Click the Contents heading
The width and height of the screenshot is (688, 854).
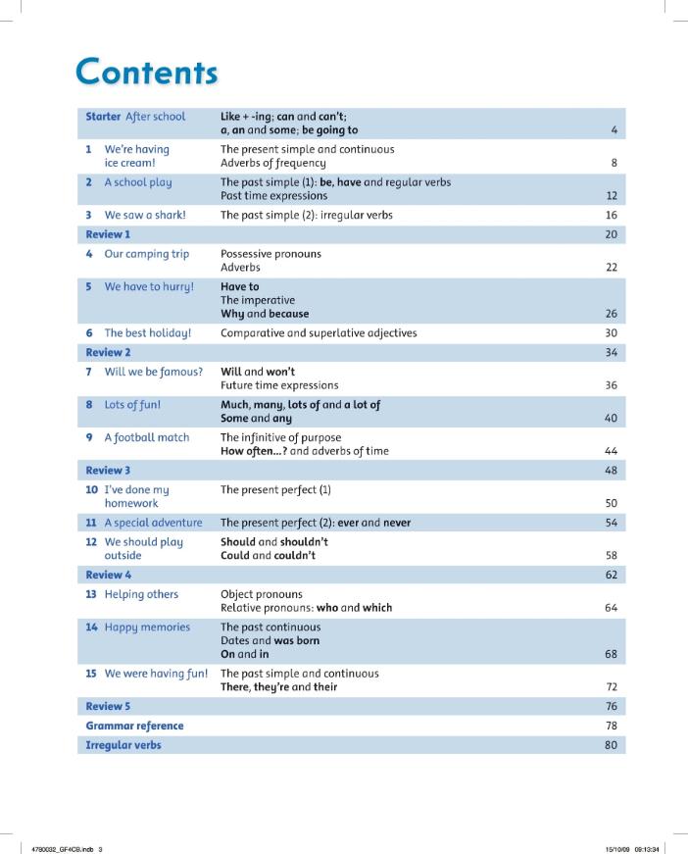pos(147,72)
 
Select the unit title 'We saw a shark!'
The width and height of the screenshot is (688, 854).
pos(145,215)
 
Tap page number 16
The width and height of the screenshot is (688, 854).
pos(612,215)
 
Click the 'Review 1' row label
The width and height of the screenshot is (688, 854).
pos(108,234)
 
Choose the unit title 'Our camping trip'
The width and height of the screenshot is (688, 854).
pos(147,254)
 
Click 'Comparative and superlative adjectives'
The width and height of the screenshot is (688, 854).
pos(319,332)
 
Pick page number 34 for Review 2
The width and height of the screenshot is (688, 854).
pos(612,352)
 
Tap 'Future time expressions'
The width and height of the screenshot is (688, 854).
pos(279,385)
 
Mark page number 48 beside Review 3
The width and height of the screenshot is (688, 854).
pos(612,470)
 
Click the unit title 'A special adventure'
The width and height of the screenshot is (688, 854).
pos(153,523)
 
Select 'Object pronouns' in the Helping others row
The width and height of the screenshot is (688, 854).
pos(262,594)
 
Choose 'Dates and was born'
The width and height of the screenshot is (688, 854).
pos(270,640)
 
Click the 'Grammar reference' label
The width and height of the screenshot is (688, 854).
pos(134,726)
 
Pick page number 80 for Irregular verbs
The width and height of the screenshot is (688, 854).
pos(612,745)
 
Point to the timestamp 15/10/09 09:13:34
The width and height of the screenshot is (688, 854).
pos(633,849)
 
